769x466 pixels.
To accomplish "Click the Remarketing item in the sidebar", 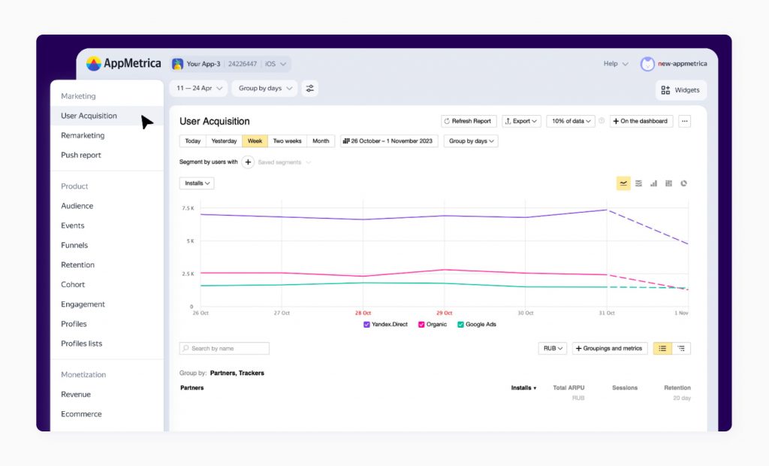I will (x=83, y=135).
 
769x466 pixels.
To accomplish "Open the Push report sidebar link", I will (x=81, y=155).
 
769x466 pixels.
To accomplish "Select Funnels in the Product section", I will (x=74, y=245).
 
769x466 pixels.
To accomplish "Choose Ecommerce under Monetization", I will (x=81, y=414).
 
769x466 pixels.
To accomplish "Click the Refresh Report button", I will (x=469, y=121).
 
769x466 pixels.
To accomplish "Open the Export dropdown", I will (x=521, y=121).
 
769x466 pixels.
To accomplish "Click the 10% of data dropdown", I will (x=571, y=121).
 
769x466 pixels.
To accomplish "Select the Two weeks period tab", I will (x=287, y=141).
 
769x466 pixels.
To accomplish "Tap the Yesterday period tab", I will (x=224, y=141).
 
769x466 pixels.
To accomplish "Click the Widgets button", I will (x=680, y=90).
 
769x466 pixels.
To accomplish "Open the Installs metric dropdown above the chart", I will (x=197, y=183).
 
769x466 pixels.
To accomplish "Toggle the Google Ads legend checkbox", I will (x=460, y=325).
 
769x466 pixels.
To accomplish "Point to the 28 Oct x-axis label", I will (x=363, y=313).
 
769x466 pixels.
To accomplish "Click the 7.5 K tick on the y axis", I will (x=187, y=208).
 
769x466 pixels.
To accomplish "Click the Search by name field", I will (x=225, y=349).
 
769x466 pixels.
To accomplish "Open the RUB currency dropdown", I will (x=553, y=349).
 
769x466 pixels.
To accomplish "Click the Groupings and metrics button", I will (x=610, y=349).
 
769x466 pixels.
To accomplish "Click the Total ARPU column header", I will (x=568, y=388).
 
